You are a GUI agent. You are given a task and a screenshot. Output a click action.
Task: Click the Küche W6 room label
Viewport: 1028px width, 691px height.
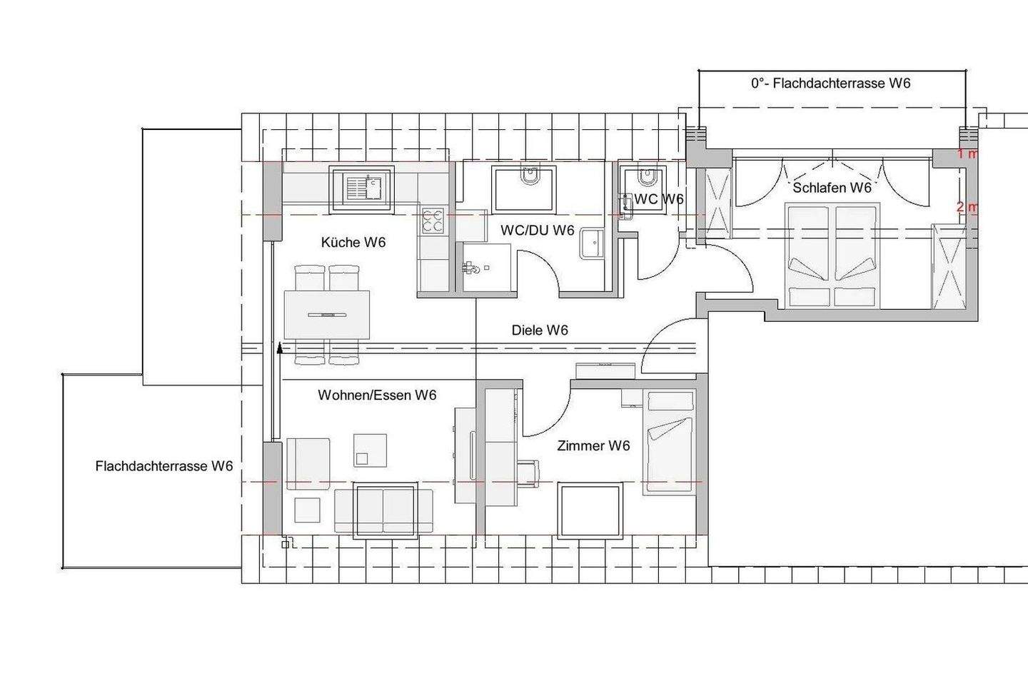tap(353, 242)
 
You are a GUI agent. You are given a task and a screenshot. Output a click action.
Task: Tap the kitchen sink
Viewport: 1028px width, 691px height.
tap(362, 189)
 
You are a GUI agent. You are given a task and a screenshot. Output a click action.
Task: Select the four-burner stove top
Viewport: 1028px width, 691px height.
tap(433, 221)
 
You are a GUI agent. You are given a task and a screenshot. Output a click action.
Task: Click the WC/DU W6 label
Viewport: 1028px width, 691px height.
tap(538, 231)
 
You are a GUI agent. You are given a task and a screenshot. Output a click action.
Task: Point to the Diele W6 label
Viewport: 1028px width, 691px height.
tap(540, 331)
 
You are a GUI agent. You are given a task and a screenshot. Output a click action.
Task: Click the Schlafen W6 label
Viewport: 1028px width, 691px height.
tap(832, 188)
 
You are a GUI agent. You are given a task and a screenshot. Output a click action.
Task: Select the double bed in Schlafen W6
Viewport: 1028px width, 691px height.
tap(832, 256)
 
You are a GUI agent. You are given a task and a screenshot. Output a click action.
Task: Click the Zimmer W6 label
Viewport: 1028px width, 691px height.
tap(593, 445)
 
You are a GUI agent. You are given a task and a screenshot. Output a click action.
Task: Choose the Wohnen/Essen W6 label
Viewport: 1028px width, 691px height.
tap(377, 395)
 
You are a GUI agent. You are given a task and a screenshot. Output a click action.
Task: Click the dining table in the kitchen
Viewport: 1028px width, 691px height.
tap(327, 314)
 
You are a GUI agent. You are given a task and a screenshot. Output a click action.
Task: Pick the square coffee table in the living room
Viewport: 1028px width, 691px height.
tap(370, 450)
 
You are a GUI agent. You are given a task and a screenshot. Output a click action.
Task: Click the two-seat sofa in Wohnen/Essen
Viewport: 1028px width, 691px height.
tap(383, 510)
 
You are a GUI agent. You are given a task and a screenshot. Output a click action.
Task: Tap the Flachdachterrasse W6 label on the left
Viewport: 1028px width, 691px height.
tap(164, 466)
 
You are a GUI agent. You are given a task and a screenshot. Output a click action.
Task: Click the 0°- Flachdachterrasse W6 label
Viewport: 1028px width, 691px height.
tap(831, 84)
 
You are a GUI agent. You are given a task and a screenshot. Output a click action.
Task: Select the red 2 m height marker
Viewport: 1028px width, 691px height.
tap(966, 208)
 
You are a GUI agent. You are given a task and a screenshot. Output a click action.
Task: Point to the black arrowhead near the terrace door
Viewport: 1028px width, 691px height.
tap(280, 347)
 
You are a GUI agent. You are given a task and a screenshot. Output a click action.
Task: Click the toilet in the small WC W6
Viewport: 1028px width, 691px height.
tap(647, 177)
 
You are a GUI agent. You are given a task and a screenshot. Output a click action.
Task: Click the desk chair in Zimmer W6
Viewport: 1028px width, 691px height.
tap(528, 473)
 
